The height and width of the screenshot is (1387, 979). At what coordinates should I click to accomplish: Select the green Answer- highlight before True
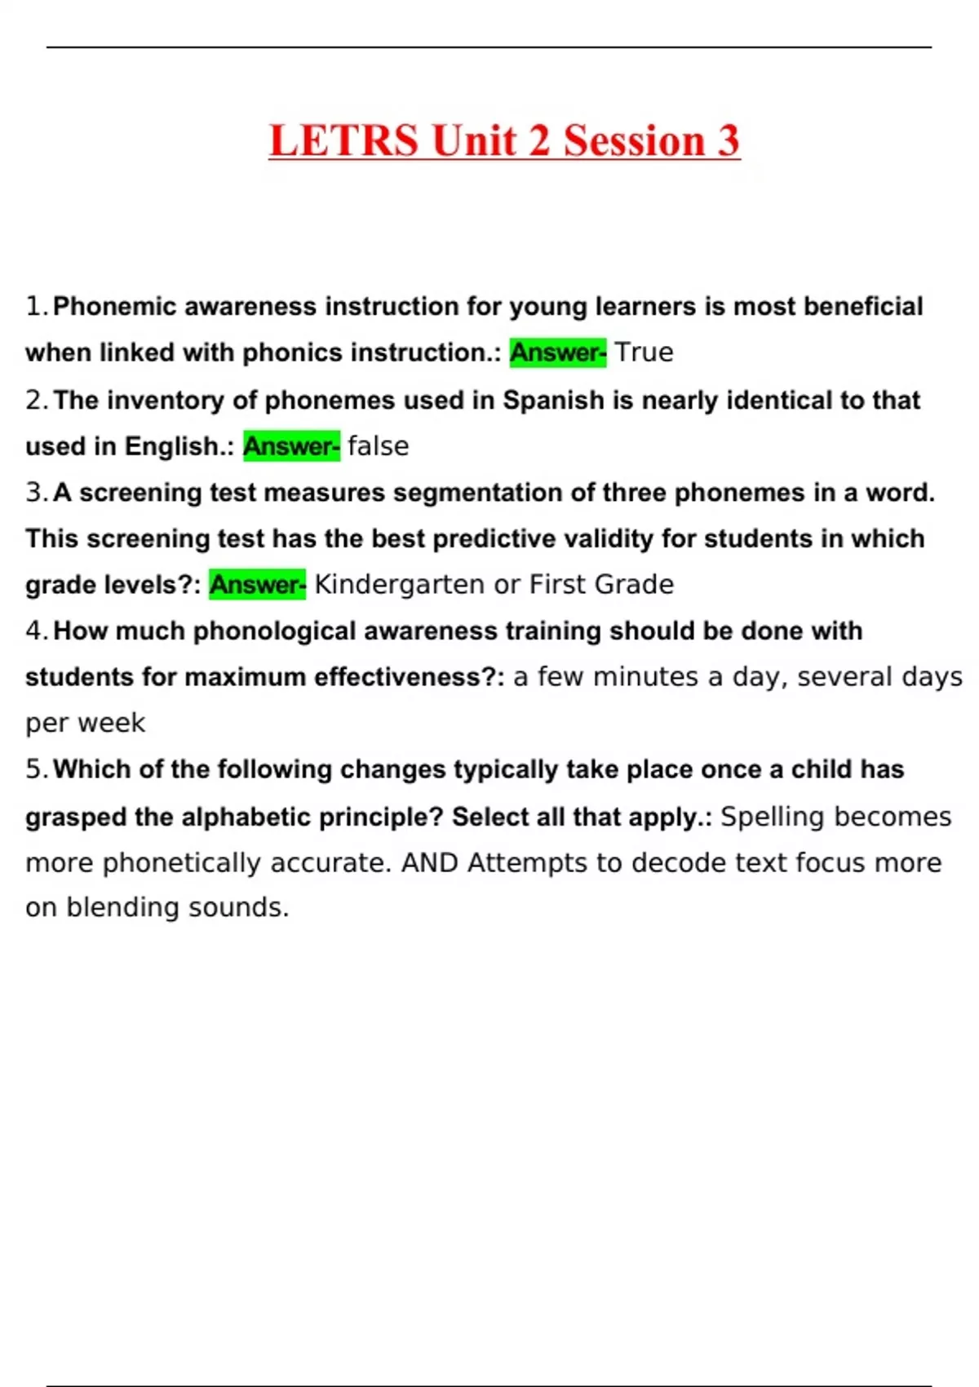pos(558,352)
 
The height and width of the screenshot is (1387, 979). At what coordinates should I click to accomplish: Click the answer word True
pos(644,352)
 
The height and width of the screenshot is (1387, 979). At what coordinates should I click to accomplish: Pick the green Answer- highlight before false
pos(291,446)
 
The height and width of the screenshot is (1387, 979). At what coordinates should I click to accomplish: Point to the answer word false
pos(378,446)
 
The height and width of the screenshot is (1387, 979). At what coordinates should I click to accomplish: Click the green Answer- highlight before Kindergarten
pos(257,584)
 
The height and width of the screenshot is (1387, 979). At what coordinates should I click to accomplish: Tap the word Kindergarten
pos(399,584)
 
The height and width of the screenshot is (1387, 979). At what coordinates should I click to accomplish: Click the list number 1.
pos(36,307)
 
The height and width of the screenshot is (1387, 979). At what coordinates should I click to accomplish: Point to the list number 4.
pos(36,631)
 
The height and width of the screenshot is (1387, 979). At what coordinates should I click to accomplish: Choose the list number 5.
pos(36,769)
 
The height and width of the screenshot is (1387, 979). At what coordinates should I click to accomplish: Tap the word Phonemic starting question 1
pos(114,307)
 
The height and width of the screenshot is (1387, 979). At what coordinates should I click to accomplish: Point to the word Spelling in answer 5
pos(772,817)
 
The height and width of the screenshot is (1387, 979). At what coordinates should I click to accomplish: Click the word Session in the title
pos(634,140)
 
